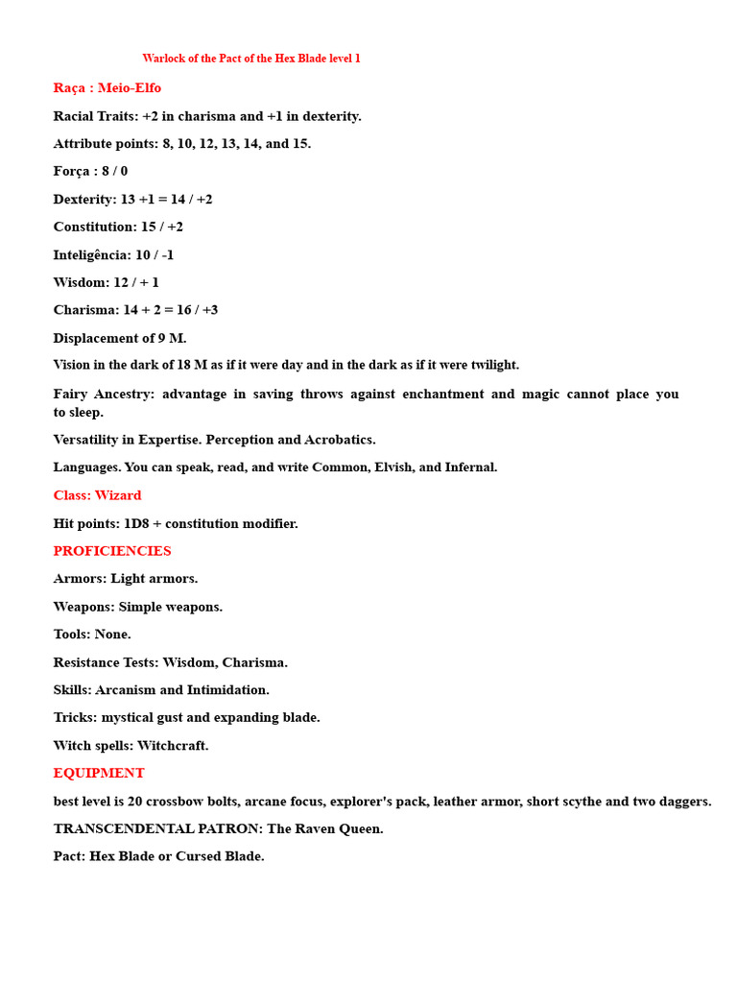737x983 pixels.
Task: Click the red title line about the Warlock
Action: [251, 59]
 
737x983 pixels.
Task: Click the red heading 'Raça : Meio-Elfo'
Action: [107, 88]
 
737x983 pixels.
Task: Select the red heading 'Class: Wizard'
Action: [97, 495]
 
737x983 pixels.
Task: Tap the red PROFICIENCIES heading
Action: [112, 551]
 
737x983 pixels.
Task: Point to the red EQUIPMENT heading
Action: [99, 773]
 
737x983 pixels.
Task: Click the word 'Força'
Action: [74, 171]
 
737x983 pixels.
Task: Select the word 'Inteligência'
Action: [92, 254]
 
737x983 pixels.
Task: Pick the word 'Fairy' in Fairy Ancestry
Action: [71, 394]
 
